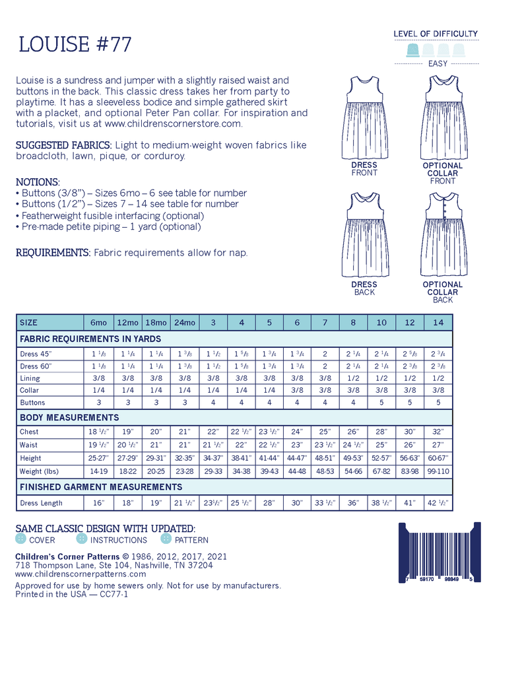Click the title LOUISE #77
75,44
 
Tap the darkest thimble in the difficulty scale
413,50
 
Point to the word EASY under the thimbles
438,64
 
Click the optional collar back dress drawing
443,234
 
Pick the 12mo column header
127,322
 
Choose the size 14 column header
438,322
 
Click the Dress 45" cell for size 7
325,354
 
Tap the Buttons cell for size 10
381,402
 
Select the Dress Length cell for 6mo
98,503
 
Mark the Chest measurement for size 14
438,432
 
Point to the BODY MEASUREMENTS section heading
69,418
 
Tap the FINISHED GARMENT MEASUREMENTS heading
101,487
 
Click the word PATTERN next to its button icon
191,540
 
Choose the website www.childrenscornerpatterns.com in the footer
81,574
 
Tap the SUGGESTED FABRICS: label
63,145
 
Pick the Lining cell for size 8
353,378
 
